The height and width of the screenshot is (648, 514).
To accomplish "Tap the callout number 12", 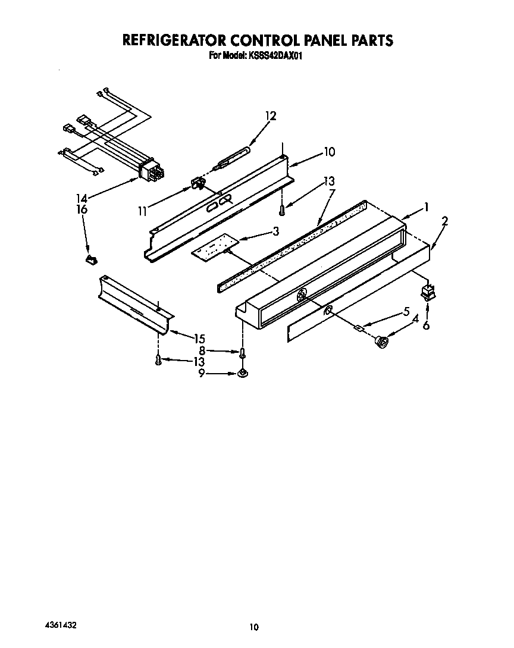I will point(271,116).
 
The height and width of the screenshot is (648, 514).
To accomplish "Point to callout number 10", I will point(328,152).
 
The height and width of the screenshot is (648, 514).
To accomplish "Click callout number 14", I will point(82,199).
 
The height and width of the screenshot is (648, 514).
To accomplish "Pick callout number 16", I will point(82,209).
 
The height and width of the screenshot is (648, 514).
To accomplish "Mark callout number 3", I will point(275,231).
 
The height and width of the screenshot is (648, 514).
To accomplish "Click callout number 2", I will point(444,221).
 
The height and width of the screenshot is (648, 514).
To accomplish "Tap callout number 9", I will point(202,373).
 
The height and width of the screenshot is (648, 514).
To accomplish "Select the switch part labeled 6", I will point(425,292).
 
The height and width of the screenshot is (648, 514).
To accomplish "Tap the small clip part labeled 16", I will point(90,259).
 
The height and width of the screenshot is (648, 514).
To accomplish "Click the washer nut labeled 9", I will point(242,374).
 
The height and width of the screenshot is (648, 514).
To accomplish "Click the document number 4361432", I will point(60,627).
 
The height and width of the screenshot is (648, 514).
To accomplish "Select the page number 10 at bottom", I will point(254,627).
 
